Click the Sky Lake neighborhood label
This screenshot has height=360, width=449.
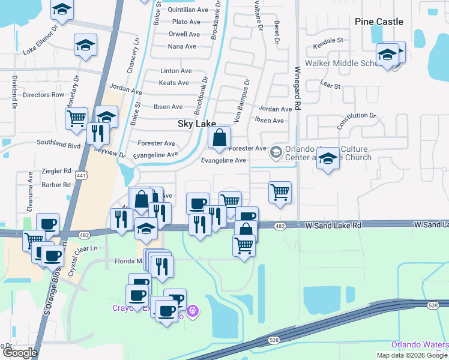(196, 124)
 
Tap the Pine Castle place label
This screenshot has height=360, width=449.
(379, 22)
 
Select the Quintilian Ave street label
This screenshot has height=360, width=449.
(188, 10)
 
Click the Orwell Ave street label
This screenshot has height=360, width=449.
(184, 34)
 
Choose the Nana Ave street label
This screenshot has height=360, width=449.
(182, 46)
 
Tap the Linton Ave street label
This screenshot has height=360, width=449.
(176, 71)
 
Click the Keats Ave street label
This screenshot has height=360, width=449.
(174, 83)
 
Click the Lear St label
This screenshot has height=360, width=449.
(330, 86)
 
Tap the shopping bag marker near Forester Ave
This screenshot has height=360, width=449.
(220, 138)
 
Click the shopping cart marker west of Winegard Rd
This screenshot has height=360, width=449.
(280, 193)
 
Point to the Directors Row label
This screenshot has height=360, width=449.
(43, 95)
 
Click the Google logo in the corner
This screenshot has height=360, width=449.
(19, 353)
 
